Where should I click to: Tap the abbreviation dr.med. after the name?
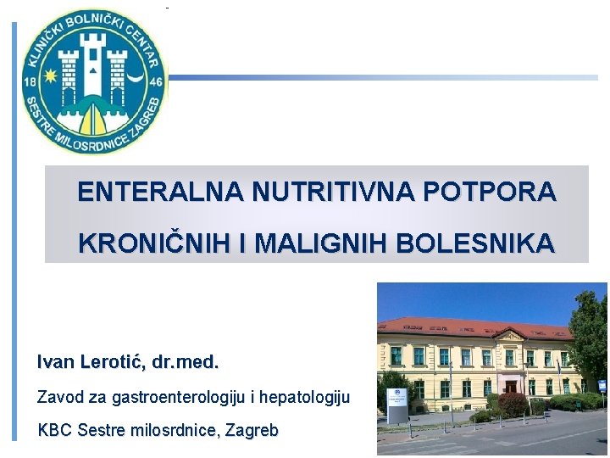coord(186,363)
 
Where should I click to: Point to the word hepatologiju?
coord(305,397)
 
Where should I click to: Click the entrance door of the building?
coord(511,387)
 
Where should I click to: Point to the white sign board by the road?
coord(396,405)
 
